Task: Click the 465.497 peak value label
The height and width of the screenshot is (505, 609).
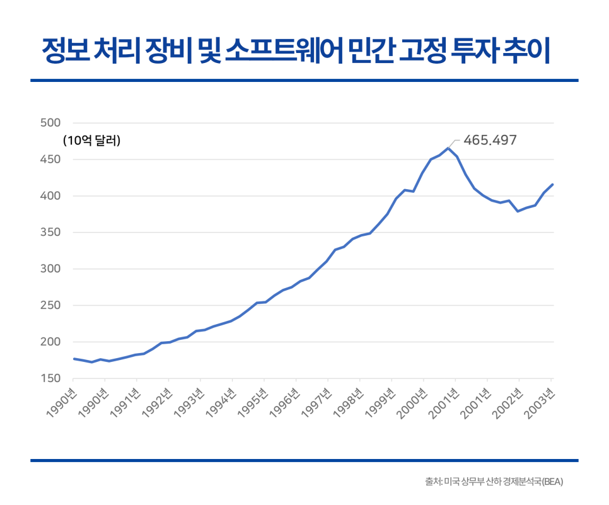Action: (489, 140)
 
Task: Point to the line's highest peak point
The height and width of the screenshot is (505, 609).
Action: (448, 148)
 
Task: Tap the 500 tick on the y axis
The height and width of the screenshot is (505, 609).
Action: (49, 123)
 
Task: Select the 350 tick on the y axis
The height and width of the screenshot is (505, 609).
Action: (49, 233)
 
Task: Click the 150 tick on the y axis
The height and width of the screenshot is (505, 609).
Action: (49, 378)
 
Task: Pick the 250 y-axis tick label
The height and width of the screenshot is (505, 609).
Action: (49, 306)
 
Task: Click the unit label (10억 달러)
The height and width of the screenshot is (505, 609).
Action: (91, 141)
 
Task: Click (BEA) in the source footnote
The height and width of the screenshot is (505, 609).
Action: (552, 482)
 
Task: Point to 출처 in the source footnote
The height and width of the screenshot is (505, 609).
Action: (433, 482)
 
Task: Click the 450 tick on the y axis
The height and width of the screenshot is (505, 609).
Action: (49, 160)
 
